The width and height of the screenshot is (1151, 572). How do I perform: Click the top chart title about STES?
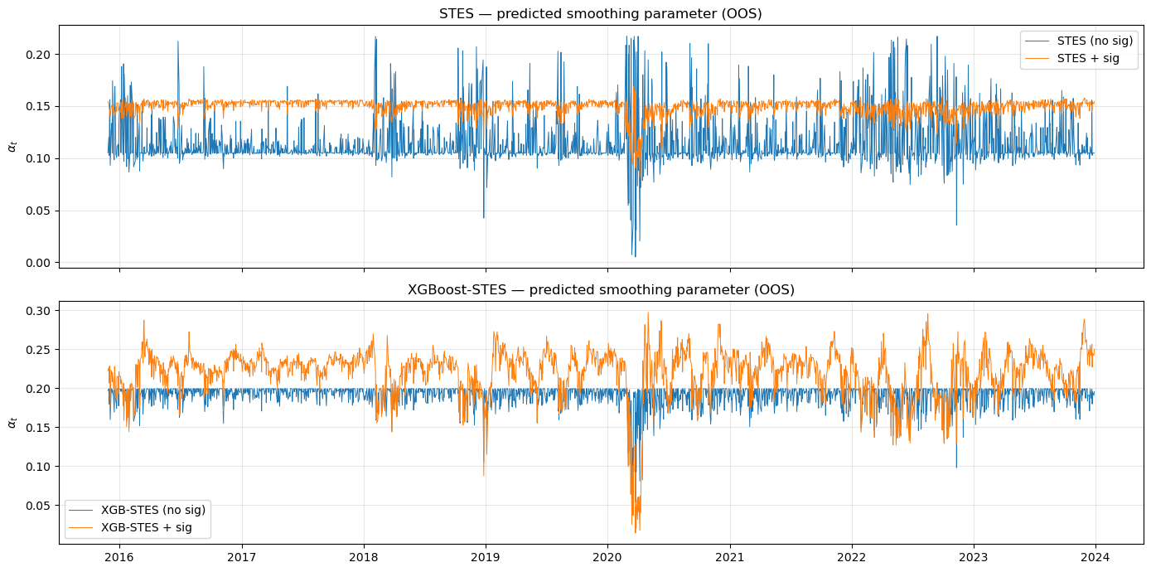point(600,14)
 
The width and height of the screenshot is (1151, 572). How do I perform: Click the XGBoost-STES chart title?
point(600,290)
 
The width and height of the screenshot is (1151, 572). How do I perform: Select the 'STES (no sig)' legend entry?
point(1095,41)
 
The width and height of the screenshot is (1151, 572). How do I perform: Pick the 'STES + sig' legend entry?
point(1086,58)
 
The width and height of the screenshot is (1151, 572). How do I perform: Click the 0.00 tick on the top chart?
point(38,263)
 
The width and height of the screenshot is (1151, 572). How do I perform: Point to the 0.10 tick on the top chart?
point(38,158)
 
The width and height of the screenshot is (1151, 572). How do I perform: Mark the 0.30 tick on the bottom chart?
point(38,311)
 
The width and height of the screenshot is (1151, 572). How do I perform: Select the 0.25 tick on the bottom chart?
point(38,350)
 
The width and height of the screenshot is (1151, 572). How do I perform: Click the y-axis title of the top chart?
point(12,146)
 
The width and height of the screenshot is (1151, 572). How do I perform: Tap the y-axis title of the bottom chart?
point(12,422)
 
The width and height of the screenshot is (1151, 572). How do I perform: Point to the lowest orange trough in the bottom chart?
point(636,533)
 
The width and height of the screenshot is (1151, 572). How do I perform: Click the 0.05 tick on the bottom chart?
point(38,506)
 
